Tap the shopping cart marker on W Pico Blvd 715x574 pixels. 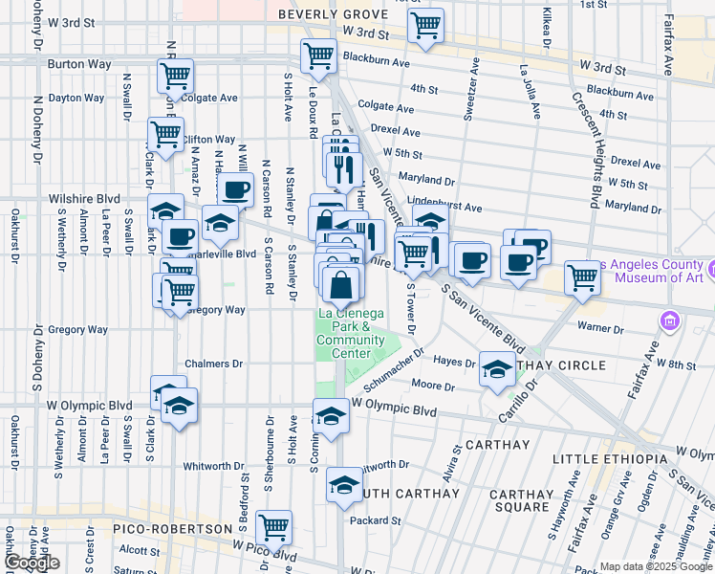point(274,525)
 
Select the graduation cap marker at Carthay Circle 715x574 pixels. point(497,370)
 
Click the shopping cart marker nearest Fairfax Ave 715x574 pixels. point(582,278)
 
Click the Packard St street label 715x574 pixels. point(375,520)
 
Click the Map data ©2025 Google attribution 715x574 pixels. point(656,566)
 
